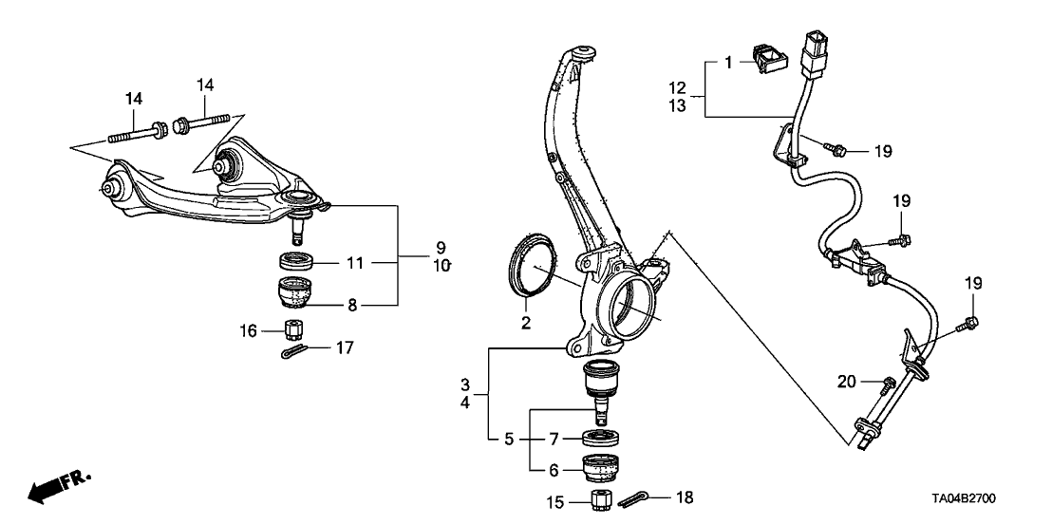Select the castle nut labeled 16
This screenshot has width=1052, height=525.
295,329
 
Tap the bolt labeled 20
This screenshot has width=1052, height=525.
889,384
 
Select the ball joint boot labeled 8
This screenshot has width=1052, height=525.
296,293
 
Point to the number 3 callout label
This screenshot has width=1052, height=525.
466,384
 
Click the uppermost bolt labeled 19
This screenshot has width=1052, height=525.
836,147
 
